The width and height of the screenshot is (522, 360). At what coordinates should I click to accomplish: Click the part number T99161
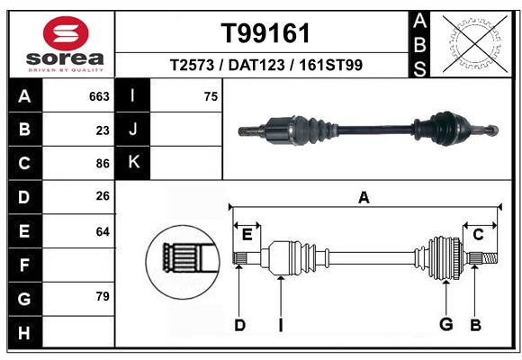[x=265, y=34]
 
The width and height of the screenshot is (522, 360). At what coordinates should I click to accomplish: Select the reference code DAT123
[x=266, y=66]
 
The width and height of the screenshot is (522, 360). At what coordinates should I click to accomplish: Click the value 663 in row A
[x=99, y=96]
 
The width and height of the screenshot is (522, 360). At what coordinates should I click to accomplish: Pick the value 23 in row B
[x=103, y=130]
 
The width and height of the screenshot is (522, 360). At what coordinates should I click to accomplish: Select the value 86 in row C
[x=103, y=164]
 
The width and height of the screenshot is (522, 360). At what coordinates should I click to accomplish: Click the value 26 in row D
[x=103, y=196]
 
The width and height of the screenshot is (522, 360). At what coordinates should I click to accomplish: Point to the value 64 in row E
[x=103, y=231]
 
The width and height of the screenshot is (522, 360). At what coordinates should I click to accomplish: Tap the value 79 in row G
[x=103, y=296]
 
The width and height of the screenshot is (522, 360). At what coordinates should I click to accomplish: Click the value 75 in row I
[x=211, y=96]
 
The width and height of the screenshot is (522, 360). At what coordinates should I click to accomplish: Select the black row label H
[x=24, y=332]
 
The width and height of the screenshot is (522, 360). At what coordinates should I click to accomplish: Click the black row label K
[x=133, y=163]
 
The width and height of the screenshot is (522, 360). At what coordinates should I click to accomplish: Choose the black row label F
[x=24, y=265]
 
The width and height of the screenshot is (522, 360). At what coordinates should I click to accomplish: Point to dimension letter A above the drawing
[x=364, y=198]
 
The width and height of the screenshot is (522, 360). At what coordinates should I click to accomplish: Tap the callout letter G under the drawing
[x=445, y=325]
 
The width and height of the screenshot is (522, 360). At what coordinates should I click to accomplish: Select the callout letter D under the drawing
[x=239, y=325]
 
